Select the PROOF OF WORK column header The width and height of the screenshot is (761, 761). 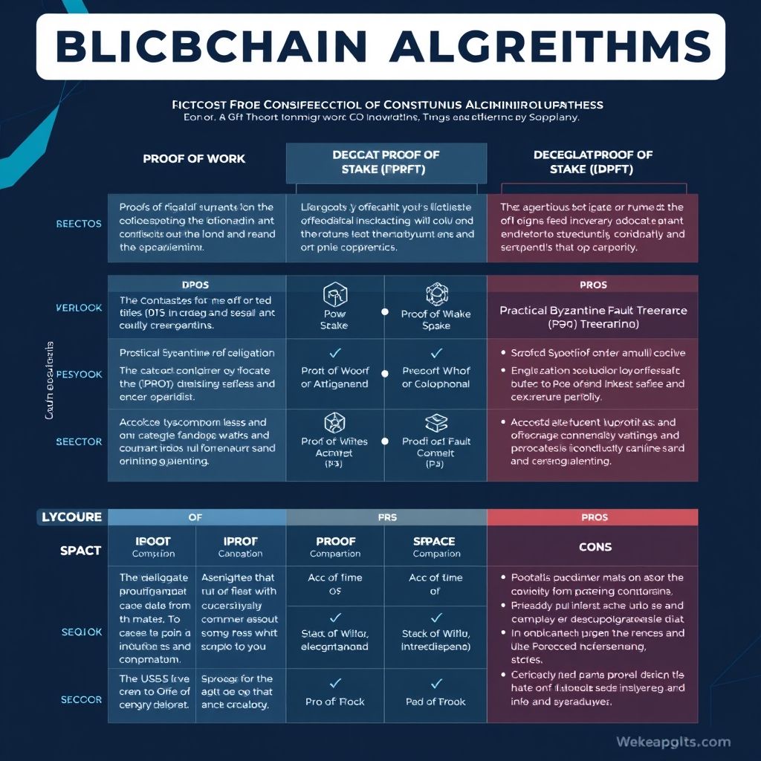pyautogui.click(x=194, y=158)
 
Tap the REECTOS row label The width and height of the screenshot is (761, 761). pyautogui.click(x=79, y=224)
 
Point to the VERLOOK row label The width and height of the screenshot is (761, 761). pyautogui.click(x=79, y=307)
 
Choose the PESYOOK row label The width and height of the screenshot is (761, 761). pyautogui.click(x=79, y=374)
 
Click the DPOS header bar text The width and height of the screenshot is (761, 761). pyautogui.click(x=197, y=285)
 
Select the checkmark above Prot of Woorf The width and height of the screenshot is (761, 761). pyautogui.click(x=334, y=352)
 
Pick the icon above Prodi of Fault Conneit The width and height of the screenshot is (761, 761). pyautogui.click(x=435, y=424)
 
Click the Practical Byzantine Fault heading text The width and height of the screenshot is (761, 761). pyautogui.click(x=592, y=310)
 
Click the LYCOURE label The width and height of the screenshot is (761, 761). pyautogui.click(x=71, y=518)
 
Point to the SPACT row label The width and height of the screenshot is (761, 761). pyautogui.click(x=80, y=551)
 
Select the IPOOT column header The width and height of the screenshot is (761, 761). pyautogui.click(x=152, y=542)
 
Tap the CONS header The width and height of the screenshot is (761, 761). pyautogui.click(x=595, y=547)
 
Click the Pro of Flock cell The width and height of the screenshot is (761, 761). pyautogui.click(x=334, y=702)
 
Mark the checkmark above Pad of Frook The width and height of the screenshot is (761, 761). pyautogui.click(x=436, y=683)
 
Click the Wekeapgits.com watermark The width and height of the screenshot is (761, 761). pyautogui.click(x=673, y=742)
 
